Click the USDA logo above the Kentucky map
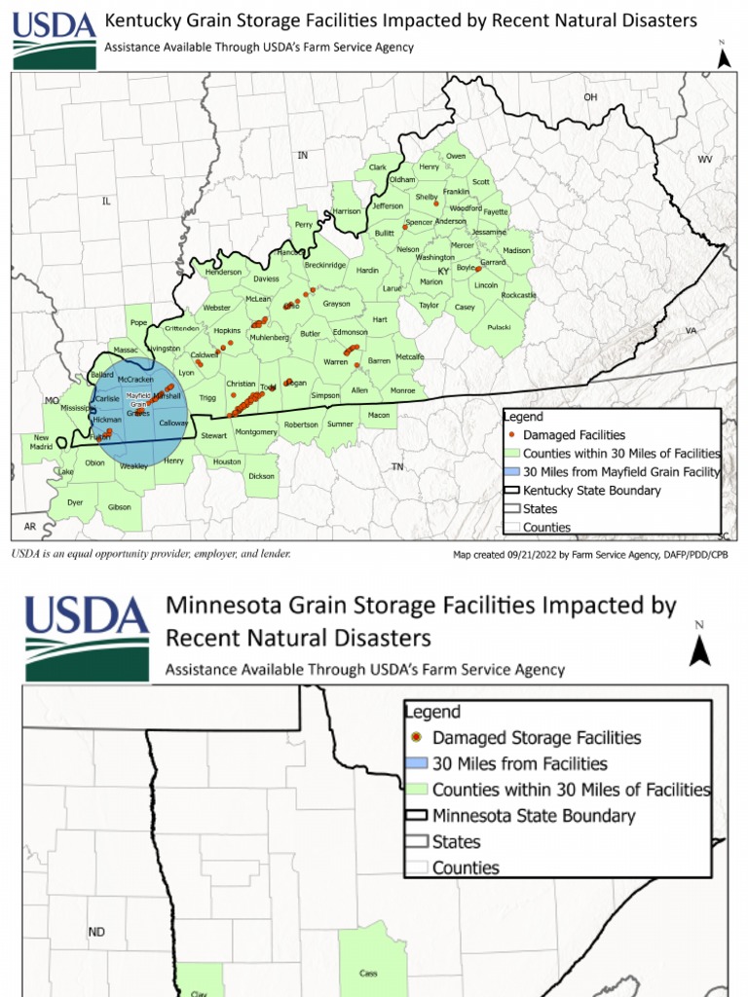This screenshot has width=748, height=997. pyautogui.click(x=55, y=40)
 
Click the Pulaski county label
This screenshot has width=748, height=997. pyautogui.click(x=499, y=327)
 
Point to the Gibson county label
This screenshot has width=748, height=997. pyautogui.click(x=119, y=507)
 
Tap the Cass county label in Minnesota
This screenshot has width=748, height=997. pyautogui.click(x=368, y=973)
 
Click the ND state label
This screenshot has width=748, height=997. pyautogui.click(x=96, y=932)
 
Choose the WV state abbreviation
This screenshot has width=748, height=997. pyautogui.click(x=705, y=159)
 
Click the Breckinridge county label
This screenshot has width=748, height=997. pyautogui.click(x=325, y=265)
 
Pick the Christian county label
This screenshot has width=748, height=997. pyautogui.click(x=241, y=384)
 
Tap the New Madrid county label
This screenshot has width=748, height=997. pyautogui.click(x=41, y=441)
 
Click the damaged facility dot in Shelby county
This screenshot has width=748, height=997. pyautogui.click(x=435, y=203)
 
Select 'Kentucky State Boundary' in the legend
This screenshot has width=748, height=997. pyautogui.click(x=591, y=491)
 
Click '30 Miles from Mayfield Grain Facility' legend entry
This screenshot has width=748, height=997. pyautogui.click(x=620, y=472)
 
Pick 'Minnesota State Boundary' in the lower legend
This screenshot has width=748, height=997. pyautogui.click(x=534, y=816)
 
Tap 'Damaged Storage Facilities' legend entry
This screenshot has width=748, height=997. pyautogui.click(x=537, y=738)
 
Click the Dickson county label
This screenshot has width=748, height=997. pyautogui.click(x=261, y=476)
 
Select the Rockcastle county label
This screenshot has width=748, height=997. pyautogui.click(x=518, y=295)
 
